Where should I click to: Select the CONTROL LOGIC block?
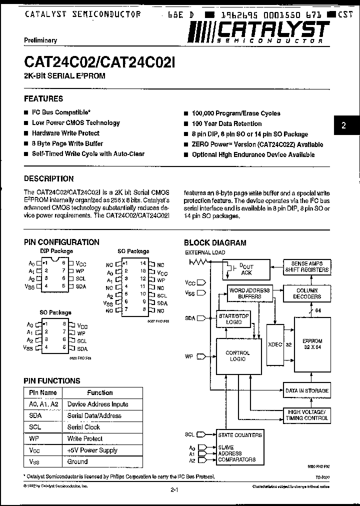pyautogui.click(x=238, y=355)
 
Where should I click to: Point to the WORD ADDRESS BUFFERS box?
pyautogui.click(x=249, y=293)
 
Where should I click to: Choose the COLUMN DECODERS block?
pyautogui.click(x=306, y=293)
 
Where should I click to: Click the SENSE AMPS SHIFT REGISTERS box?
pyautogui.click(x=306, y=266)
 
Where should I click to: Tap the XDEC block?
pyautogui.click(x=275, y=344)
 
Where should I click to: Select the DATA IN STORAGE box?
pyautogui.click(x=306, y=390)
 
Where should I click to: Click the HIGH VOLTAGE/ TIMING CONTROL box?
pyautogui.click(x=306, y=414)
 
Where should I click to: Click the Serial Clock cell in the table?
pyautogui.click(x=83, y=427)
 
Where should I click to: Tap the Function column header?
pyautogui.click(x=100, y=392)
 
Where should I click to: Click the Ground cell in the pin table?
pyautogui.click(x=77, y=461)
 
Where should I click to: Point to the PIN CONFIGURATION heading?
pyautogui.click(x=62, y=242)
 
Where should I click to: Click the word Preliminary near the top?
pyautogui.click(x=40, y=40)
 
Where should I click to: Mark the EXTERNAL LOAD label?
pyautogui.click(x=205, y=252)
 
